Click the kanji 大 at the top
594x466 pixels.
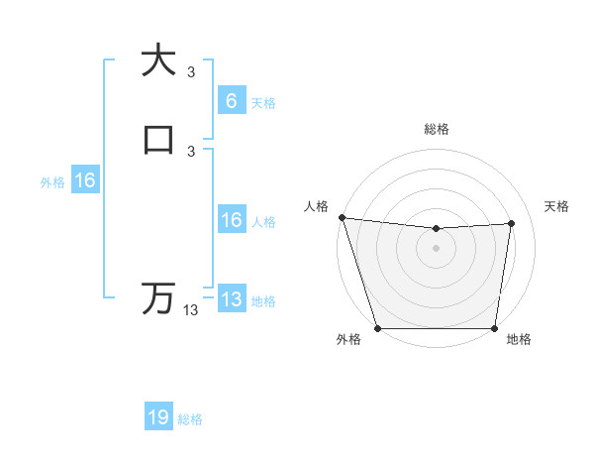(x=158, y=60)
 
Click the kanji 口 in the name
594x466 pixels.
(x=158, y=138)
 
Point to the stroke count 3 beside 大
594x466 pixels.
(x=191, y=72)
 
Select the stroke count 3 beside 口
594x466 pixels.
(x=191, y=151)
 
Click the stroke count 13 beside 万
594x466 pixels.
(x=191, y=310)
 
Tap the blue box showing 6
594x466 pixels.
(x=231, y=101)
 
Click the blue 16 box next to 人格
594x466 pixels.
(x=231, y=220)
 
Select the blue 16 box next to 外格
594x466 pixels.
(x=85, y=180)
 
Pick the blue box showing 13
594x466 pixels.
(x=231, y=299)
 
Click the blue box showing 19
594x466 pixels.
(x=158, y=417)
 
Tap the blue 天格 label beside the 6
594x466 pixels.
(x=263, y=102)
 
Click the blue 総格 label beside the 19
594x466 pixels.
(x=191, y=419)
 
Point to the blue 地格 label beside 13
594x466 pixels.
(x=263, y=301)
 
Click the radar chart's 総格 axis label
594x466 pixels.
(x=436, y=129)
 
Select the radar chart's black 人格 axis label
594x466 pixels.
(x=316, y=206)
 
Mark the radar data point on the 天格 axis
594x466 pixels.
(x=512, y=223)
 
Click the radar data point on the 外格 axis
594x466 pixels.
(x=377, y=327)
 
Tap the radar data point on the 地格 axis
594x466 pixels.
(x=494, y=327)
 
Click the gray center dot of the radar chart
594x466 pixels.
(x=436, y=248)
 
